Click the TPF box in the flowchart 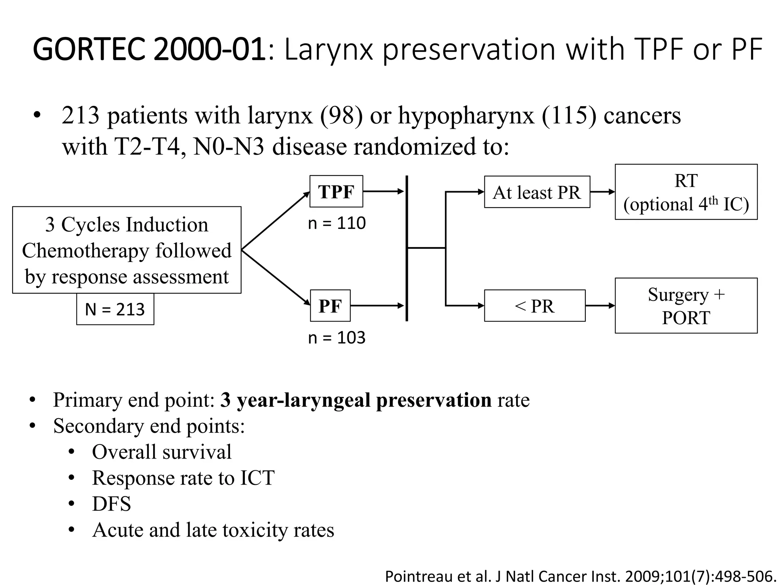tap(336, 192)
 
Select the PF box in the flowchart tap(330, 306)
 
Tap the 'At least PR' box tap(537, 192)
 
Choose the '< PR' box tap(534, 306)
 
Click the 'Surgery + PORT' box tap(686, 306)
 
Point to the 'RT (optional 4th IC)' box tap(686, 192)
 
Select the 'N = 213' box tap(115, 309)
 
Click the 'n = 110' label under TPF tap(337, 223)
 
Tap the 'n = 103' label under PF tap(337, 338)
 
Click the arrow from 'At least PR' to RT tap(602, 192)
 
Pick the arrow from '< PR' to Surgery tap(600, 305)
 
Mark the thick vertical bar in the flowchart tap(407, 248)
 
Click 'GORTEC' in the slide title tap(89, 50)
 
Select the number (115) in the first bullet tap(569, 115)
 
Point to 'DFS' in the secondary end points tap(111, 504)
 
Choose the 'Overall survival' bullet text tap(161, 452)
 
